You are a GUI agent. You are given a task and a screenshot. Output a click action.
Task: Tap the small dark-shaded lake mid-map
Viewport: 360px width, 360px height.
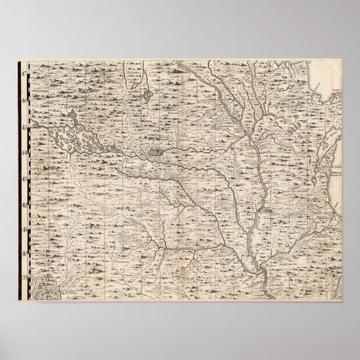[155, 150]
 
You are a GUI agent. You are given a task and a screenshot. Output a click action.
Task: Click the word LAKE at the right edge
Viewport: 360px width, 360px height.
[337, 167]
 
